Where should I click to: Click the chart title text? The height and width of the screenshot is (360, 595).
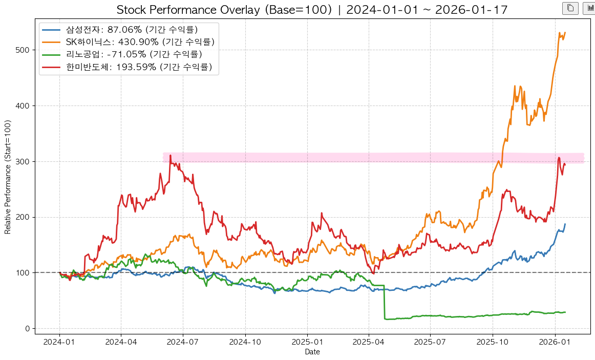[x=312, y=10]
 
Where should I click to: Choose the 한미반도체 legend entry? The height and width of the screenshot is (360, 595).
[x=139, y=67]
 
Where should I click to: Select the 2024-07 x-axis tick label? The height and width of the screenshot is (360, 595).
[x=183, y=341]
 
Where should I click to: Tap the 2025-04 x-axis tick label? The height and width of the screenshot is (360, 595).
[x=369, y=341]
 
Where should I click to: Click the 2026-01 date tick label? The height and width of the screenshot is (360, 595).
[x=555, y=341]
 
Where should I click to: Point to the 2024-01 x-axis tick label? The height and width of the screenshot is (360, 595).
[x=59, y=341]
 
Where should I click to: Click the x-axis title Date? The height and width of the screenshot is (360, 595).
[x=312, y=352]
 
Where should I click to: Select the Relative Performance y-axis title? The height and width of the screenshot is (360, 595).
[x=8, y=177]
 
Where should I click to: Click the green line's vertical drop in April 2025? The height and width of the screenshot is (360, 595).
[x=385, y=302]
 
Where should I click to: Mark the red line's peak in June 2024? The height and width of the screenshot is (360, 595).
[x=170, y=155]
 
